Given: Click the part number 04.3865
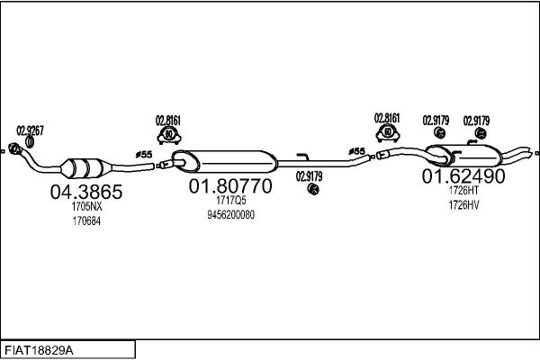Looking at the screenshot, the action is [x=86, y=192].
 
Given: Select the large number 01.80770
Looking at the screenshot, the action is [x=230, y=186].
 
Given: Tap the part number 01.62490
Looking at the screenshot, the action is [x=463, y=176].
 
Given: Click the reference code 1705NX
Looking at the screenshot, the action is [x=86, y=206].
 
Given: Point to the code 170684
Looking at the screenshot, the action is [x=86, y=221].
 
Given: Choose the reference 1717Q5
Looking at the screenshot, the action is [x=231, y=200].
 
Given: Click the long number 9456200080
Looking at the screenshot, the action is [x=230, y=215].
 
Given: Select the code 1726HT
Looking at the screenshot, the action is [x=463, y=190].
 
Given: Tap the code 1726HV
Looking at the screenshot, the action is [x=463, y=205].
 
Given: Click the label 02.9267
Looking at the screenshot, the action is [x=31, y=130].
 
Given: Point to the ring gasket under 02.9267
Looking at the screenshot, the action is [x=30, y=141].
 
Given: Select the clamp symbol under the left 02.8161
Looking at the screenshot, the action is [x=169, y=136].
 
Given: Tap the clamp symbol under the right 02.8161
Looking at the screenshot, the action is [x=388, y=133].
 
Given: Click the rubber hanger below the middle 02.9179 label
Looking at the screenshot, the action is [x=313, y=189].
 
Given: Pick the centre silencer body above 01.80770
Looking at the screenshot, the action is [x=224, y=161].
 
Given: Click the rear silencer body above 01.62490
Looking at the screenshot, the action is [x=463, y=155].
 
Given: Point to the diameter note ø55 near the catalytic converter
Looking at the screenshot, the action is [x=144, y=155].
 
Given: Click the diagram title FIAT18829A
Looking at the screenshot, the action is [x=39, y=351].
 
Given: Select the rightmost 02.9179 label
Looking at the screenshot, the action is [x=476, y=121].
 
